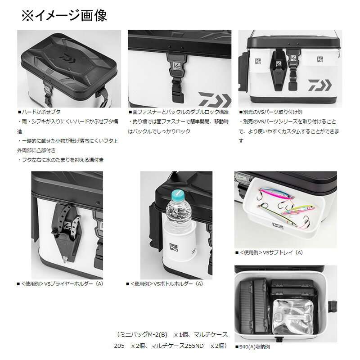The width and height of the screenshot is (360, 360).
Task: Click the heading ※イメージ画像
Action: click(64, 16)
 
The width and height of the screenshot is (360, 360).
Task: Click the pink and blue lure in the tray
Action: click(276, 193)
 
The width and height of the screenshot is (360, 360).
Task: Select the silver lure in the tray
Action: click(277, 215)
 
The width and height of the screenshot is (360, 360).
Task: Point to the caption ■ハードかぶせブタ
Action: click(39, 112)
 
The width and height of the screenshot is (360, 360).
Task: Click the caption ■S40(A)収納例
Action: click(252, 346)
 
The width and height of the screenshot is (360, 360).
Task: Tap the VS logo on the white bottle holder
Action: click(173, 247)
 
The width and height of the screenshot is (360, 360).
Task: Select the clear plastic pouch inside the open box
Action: click(293, 317)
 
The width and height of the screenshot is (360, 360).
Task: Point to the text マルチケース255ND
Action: click(177, 346)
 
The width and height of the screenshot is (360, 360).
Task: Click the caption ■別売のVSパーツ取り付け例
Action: click(271, 112)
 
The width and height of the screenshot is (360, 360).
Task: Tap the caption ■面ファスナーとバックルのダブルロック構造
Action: click(178, 112)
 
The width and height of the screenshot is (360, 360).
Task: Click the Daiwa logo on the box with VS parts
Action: click(320, 85)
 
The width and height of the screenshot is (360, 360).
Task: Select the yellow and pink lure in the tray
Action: click(298, 210)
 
